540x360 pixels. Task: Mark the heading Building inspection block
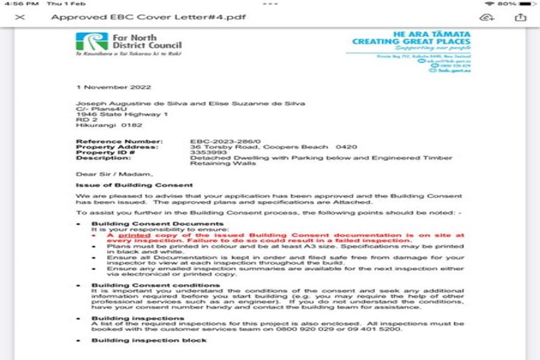149,340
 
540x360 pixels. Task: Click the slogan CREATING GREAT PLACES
411,41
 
